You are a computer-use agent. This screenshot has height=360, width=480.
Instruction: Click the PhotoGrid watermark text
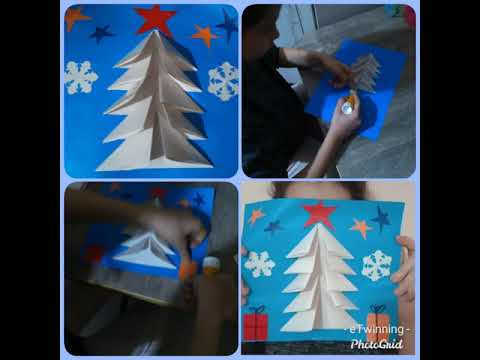[x=377, y=344]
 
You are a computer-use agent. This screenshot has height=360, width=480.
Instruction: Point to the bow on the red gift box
[x=257, y=310]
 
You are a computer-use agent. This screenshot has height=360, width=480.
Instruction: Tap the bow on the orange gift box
[x=377, y=309]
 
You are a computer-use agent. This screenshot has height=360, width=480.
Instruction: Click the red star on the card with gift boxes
[x=320, y=214]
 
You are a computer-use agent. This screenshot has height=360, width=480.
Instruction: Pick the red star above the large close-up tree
[x=155, y=19]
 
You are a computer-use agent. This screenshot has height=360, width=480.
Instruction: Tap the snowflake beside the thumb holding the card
[x=377, y=265]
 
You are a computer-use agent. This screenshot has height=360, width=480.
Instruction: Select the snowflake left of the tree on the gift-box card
[x=260, y=264]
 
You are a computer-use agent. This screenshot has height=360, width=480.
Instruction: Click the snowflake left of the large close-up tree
[x=81, y=77]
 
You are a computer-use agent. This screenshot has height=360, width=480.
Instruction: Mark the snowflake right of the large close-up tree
[x=224, y=82]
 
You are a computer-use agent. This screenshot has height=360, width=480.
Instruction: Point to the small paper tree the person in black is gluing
[x=366, y=72]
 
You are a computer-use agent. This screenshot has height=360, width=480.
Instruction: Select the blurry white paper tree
[x=145, y=251]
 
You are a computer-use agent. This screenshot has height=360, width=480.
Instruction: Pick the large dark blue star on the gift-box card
[x=381, y=219]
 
